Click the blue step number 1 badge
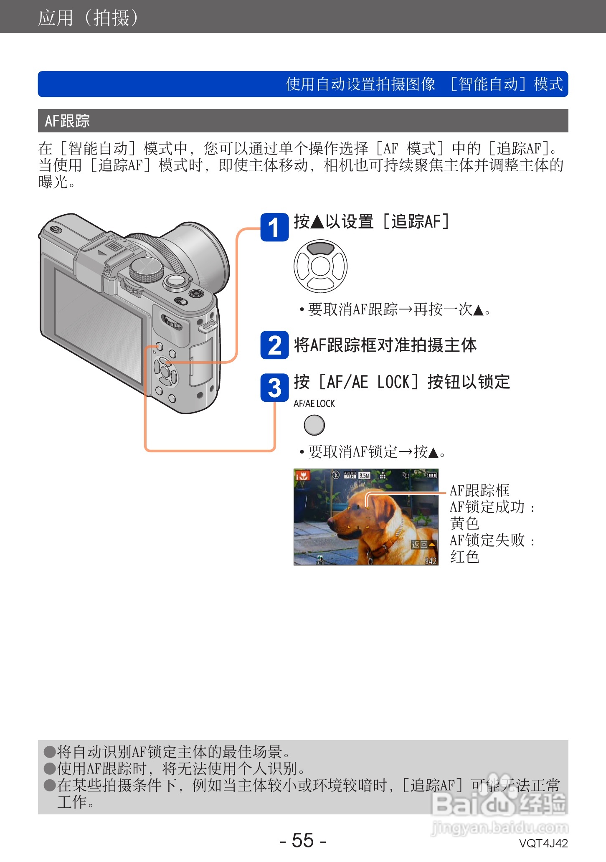point(274,227)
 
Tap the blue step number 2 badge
point(274,345)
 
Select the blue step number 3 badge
point(274,388)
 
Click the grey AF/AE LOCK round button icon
point(314,425)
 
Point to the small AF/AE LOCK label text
point(314,403)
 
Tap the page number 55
point(303,840)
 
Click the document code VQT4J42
point(543,843)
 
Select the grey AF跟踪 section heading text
point(67,121)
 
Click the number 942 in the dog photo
point(431,560)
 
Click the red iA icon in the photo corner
point(302,475)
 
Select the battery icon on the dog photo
point(431,475)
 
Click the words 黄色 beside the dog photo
point(464,523)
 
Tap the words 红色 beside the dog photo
point(464,557)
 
